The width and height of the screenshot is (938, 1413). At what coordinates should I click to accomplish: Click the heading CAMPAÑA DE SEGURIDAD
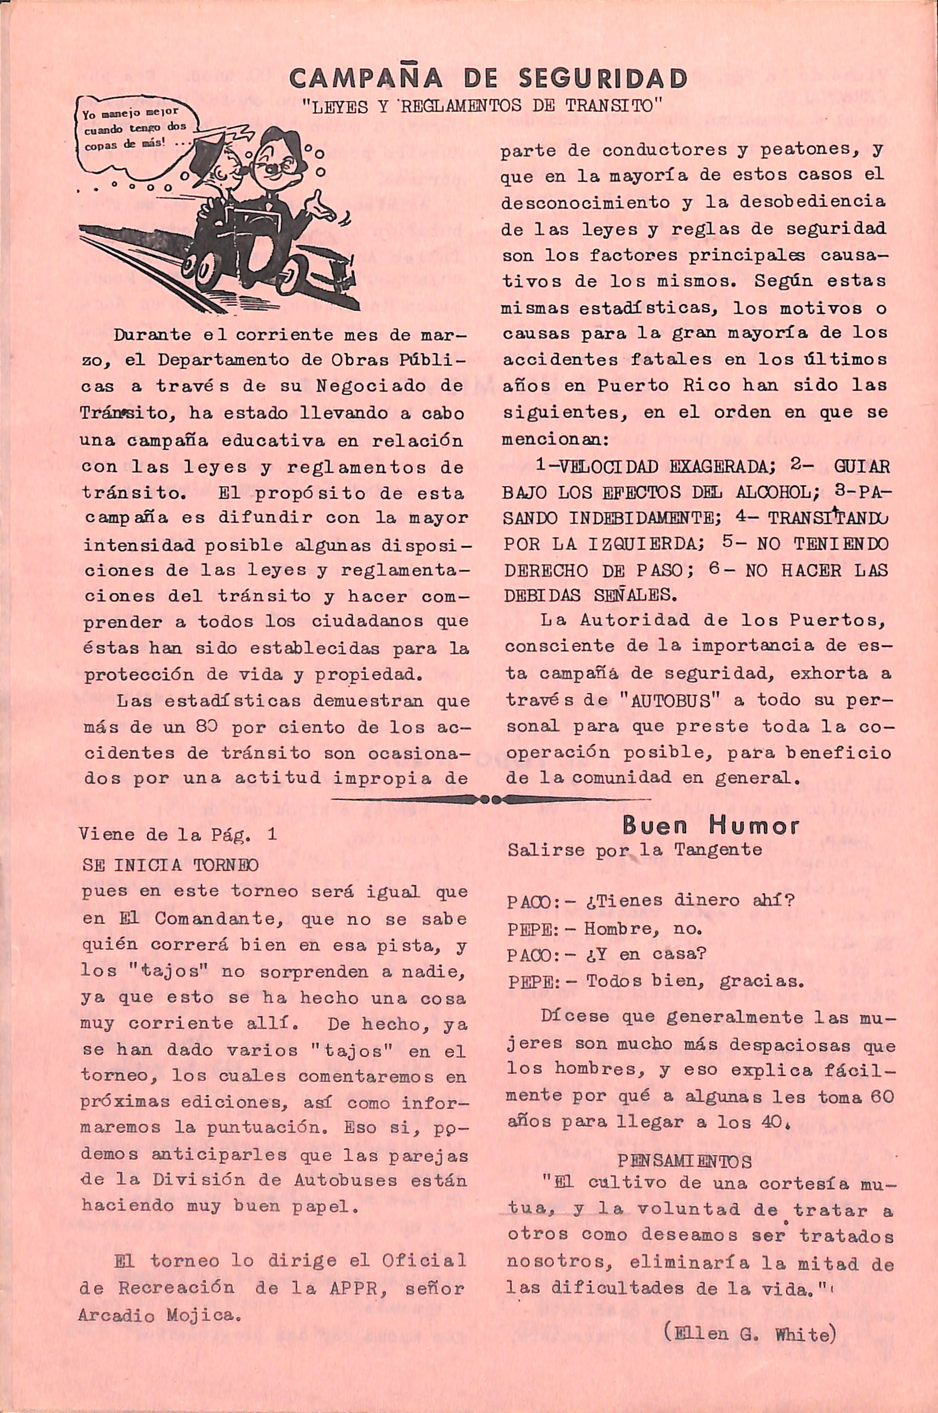click(x=488, y=78)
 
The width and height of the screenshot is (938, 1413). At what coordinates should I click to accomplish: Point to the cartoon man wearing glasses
click(x=281, y=180)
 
